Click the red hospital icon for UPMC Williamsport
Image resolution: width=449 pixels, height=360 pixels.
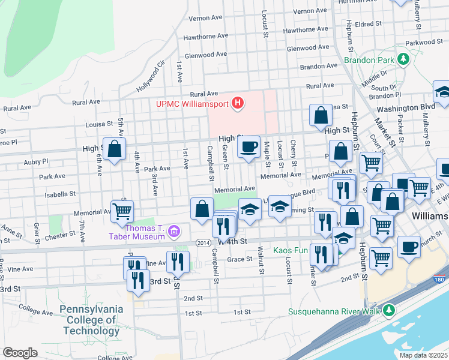(238, 104)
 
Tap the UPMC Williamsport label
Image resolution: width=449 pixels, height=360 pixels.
(193, 104)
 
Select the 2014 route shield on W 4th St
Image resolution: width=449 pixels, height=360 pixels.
(202, 242)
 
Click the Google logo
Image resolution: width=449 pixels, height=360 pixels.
(20, 352)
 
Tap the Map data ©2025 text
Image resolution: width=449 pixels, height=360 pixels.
(423, 355)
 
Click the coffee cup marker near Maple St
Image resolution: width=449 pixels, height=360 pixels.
(249, 146)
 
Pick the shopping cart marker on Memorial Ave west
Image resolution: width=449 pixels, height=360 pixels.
(122, 211)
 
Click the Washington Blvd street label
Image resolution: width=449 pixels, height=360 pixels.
(405, 108)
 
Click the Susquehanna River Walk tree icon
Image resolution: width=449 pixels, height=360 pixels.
(390, 310)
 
